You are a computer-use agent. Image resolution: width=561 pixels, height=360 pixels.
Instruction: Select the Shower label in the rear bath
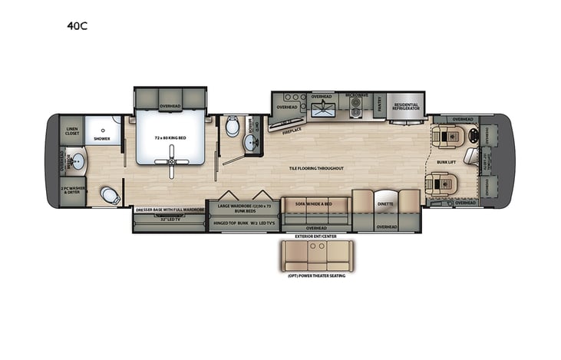[102, 139]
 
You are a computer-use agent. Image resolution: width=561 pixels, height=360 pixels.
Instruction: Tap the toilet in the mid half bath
[233, 127]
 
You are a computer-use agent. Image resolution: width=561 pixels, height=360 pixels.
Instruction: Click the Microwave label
[356, 95]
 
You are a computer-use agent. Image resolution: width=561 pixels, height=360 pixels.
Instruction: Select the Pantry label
[383, 109]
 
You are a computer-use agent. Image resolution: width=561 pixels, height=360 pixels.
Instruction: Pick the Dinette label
[385, 203]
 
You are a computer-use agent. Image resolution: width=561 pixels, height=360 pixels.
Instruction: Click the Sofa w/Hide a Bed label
[314, 203]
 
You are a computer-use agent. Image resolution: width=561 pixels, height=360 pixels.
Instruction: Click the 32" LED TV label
[170, 219]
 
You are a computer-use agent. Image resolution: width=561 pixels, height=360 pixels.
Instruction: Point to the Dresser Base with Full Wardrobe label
[170, 209]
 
